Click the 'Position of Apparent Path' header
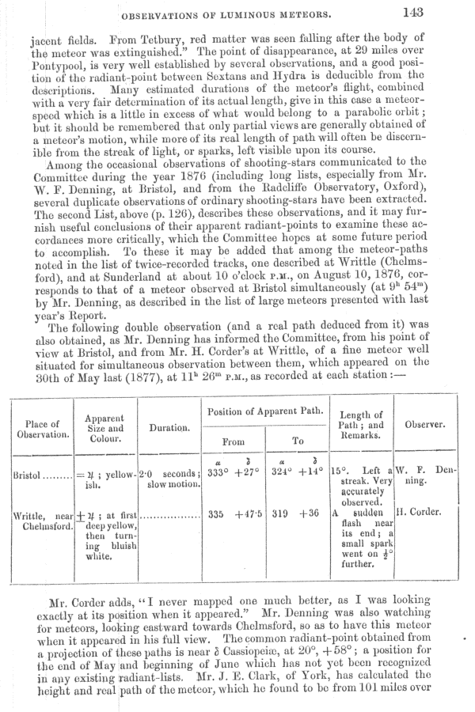265,411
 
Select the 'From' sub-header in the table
234,441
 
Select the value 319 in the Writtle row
279,514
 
